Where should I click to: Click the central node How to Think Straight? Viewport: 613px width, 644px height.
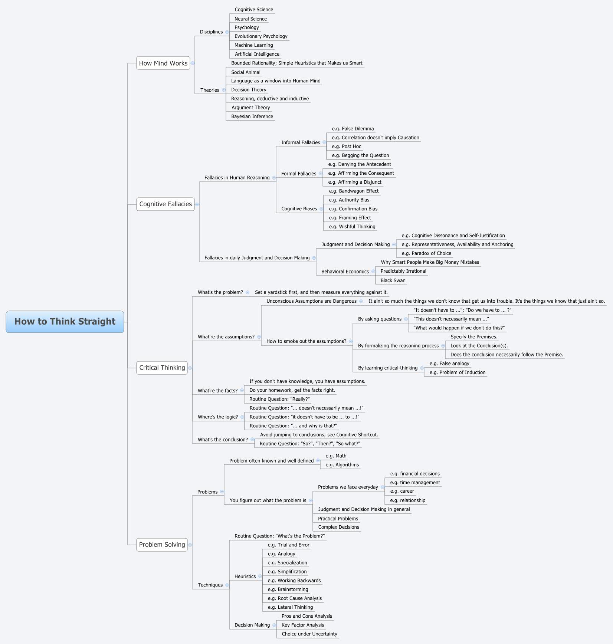[x=65, y=322]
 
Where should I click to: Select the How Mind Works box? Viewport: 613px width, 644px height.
[x=163, y=63]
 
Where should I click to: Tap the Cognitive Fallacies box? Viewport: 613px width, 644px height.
[x=165, y=204]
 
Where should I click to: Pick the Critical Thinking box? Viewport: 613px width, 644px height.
[x=162, y=368]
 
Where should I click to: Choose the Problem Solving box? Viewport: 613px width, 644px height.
[x=162, y=545]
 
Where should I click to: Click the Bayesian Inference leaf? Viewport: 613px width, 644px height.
[x=252, y=116]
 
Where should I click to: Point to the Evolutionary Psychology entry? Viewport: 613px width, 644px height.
[x=261, y=36]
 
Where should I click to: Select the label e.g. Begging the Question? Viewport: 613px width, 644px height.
[x=360, y=155]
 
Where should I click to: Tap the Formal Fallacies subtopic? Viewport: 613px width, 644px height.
[x=299, y=174]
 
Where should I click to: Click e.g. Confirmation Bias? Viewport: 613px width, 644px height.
[x=353, y=209]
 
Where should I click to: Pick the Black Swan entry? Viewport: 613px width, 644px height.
[x=393, y=280]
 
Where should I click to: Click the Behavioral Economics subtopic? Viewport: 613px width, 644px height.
[x=345, y=272]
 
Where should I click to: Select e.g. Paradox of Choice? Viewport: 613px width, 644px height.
[x=426, y=253]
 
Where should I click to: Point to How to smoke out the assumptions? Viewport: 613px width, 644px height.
[x=306, y=341]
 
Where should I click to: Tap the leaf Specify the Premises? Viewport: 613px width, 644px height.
[x=474, y=337]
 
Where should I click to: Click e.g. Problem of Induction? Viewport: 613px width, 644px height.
[x=457, y=372]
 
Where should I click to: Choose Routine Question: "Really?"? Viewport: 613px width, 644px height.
[x=279, y=399]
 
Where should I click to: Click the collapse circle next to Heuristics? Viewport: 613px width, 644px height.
[x=260, y=576]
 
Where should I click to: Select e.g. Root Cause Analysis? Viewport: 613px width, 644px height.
[x=295, y=598]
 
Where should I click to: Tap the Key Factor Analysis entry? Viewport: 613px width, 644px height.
[x=303, y=625]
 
